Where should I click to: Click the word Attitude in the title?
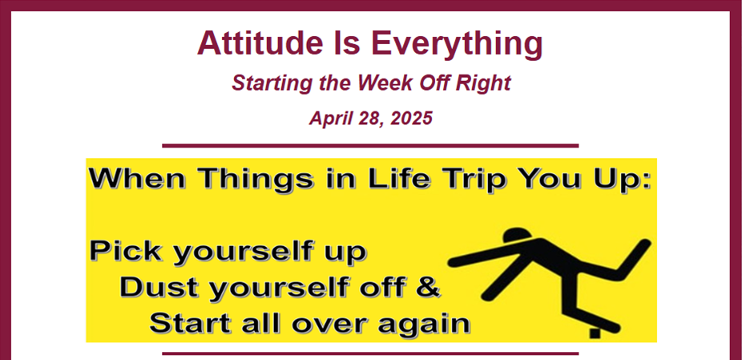click(x=256, y=42)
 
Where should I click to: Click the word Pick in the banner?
click(x=126, y=251)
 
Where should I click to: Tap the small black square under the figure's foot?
click(x=595, y=334)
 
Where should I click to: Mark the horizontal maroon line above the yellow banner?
click(x=370, y=146)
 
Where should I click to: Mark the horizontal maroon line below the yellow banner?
click(x=370, y=354)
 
